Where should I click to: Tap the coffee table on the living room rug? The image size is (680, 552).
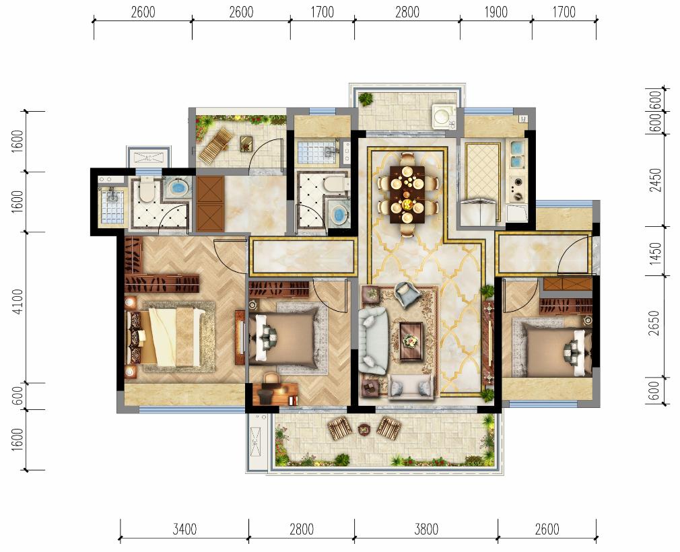pos(411,341)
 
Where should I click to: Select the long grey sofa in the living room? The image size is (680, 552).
pos(373,341)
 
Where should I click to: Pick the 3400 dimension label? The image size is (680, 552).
pos(184,529)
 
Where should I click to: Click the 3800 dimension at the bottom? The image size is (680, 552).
pos(426,529)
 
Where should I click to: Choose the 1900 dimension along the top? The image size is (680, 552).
pos(496,12)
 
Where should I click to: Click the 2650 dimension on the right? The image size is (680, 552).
pos(654,324)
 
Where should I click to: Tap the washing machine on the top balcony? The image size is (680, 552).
pos(443,116)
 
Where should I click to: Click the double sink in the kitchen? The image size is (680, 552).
pos(517,153)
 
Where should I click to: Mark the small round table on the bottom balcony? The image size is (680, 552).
pos(364,429)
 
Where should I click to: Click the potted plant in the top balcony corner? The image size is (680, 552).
pos(366,99)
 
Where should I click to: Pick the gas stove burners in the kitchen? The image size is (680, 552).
pos(516,189)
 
